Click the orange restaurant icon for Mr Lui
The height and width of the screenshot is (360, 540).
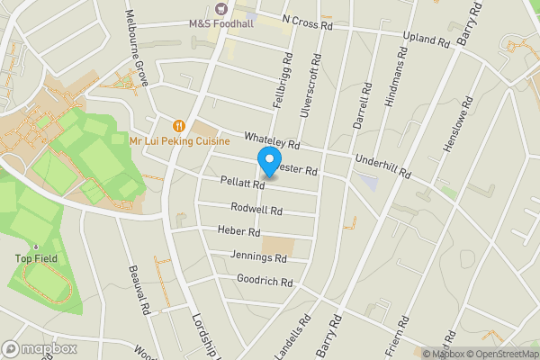(180, 126)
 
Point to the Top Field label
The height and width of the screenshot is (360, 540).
(35, 259)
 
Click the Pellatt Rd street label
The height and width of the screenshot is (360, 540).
(241, 183)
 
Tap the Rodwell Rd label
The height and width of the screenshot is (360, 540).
(256, 209)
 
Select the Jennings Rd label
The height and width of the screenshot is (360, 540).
(258, 257)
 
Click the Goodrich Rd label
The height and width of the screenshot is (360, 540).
(265, 282)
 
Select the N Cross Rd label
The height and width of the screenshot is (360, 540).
(307, 22)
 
